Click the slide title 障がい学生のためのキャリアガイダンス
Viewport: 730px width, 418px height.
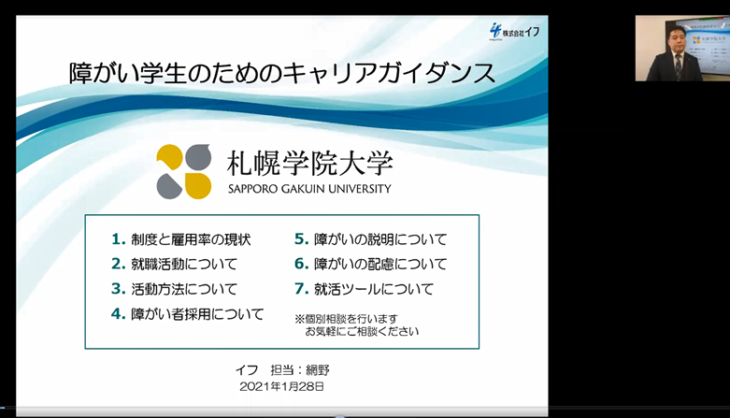pyautogui.click(x=282, y=74)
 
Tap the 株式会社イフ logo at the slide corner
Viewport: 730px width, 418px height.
pyautogui.click(x=514, y=32)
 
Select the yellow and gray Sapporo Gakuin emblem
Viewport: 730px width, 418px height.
pyautogui.click(x=184, y=171)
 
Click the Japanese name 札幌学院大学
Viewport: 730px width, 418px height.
pyautogui.click(x=310, y=164)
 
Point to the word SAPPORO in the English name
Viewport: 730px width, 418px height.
pyautogui.click(x=252, y=189)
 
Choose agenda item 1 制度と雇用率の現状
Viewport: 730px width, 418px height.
pyautogui.click(x=181, y=239)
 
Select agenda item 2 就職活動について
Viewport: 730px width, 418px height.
pyautogui.click(x=174, y=265)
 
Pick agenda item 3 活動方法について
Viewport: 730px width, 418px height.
pyautogui.click(x=174, y=289)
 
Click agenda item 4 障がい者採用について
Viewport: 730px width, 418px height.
pyautogui.click(x=188, y=313)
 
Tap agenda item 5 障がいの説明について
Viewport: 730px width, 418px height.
pyautogui.click(x=370, y=239)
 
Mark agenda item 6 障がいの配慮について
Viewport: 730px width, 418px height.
pyautogui.click(x=370, y=265)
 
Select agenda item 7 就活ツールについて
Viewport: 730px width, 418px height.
pyautogui.click(x=365, y=289)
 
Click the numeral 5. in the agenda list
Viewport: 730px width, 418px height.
pyautogui.click(x=302, y=239)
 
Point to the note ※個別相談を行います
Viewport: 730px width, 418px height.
pyautogui.click(x=347, y=319)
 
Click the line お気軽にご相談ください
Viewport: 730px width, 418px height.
pyautogui.click(x=363, y=331)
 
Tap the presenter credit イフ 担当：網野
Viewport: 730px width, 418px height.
pyautogui.click(x=282, y=370)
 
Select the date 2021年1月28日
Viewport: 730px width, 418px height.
pyautogui.click(x=281, y=386)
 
